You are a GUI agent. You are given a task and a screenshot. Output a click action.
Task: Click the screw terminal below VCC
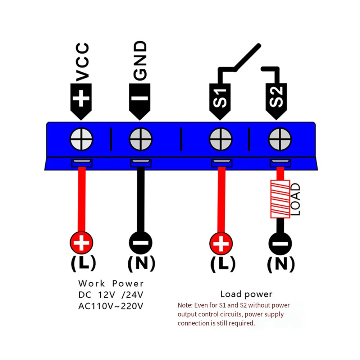tap(81, 139)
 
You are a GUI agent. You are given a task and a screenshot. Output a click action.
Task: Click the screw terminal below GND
tap(141, 139)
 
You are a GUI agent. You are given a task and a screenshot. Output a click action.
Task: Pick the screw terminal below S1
tap(221, 139)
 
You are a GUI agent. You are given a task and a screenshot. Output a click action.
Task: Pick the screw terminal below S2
tap(280, 139)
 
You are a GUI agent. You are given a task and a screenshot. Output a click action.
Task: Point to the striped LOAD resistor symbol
tap(280, 199)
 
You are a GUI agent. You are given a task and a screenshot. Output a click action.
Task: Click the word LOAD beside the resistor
tap(295, 199)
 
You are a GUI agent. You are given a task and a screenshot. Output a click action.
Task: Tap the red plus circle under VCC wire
tap(81, 243)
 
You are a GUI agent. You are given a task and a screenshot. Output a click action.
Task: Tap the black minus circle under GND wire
tap(141, 243)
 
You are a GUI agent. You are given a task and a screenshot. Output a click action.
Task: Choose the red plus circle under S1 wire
tap(221, 243)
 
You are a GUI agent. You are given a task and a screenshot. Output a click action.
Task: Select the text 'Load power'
tap(246, 294)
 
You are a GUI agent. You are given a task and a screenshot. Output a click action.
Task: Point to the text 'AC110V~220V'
tap(111, 306)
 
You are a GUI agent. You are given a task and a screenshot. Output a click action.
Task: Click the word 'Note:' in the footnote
tap(185, 305)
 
